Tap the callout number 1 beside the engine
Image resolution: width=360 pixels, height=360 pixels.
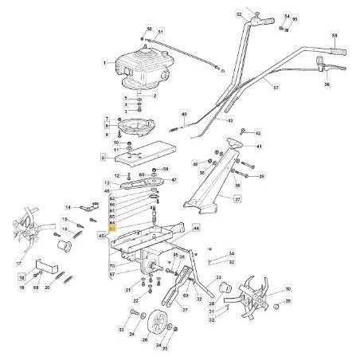pos(104,62)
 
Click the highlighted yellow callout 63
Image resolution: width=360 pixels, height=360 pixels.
pos(112,228)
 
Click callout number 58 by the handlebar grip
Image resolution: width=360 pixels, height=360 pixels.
pos(334,37)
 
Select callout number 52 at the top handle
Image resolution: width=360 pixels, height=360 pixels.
pos(238,14)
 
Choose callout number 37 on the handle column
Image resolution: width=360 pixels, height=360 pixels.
pos(237,200)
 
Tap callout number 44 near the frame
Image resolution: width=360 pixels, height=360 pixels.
pos(196,227)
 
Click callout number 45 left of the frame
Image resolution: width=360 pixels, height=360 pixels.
pos(101,237)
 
